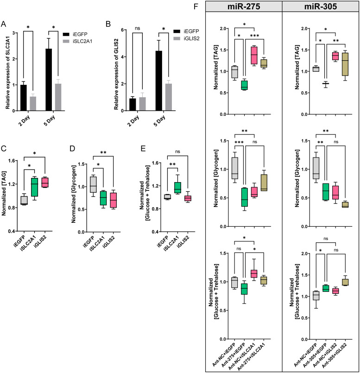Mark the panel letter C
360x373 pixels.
click(x=4, y=151)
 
